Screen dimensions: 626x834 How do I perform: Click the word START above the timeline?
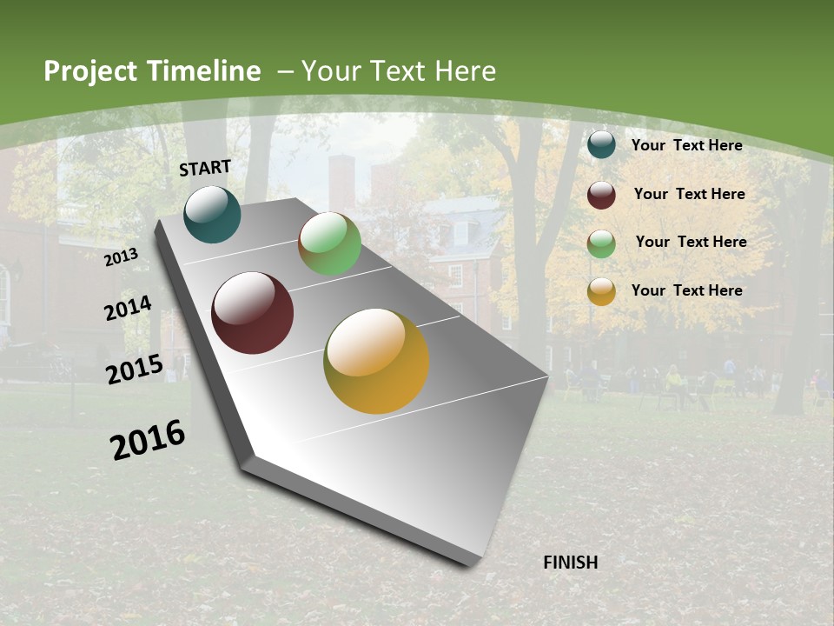pyautogui.click(x=205, y=168)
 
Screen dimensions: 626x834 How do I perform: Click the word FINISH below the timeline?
pyautogui.click(x=570, y=563)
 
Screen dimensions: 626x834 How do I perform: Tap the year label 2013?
pyautogui.click(x=122, y=257)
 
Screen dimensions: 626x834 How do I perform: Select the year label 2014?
pyautogui.click(x=128, y=309)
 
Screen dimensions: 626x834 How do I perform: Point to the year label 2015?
pyautogui.click(x=135, y=370)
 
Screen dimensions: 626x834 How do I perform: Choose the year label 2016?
pyautogui.click(x=148, y=439)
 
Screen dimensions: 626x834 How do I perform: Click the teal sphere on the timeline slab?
pyautogui.click(x=212, y=215)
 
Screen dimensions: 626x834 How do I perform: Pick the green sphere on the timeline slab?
pyautogui.click(x=329, y=243)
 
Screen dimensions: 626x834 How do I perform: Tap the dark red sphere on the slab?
pyautogui.click(x=253, y=313)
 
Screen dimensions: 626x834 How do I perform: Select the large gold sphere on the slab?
pyautogui.click(x=376, y=361)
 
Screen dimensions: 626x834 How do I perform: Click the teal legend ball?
pyautogui.click(x=601, y=145)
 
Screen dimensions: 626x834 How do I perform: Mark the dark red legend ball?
pyautogui.click(x=601, y=195)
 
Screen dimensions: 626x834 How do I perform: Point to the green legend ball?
pyautogui.click(x=601, y=243)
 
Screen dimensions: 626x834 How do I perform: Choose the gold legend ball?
pyautogui.click(x=601, y=292)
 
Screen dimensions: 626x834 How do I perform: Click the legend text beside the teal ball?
pyautogui.click(x=686, y=145)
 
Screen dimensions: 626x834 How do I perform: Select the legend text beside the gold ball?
pyautogui.click(x=686, y=290)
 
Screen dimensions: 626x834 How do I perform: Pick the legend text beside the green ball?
pyautogui.click(x=691, y=242)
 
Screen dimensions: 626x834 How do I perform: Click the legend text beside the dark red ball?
pyautogui.click(x=689, y=194)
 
